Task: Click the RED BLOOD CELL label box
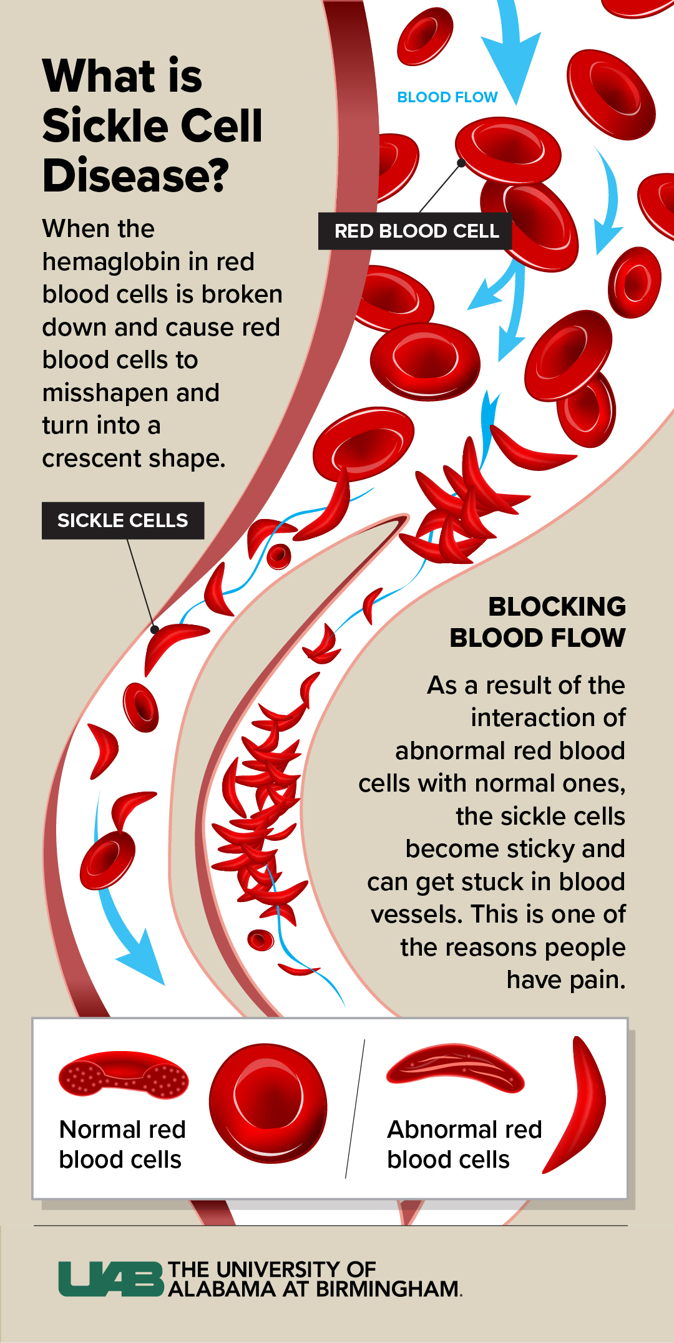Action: (416, 231)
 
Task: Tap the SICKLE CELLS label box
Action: (122, 520)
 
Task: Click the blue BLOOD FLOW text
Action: (447, 97)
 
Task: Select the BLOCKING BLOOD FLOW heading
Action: (537, 622)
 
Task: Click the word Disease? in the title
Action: (135, 175)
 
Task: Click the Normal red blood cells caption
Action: (122, 1144)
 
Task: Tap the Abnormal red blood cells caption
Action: (464, 1144)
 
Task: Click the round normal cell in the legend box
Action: (268, 1103)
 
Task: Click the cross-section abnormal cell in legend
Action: (456, 1067)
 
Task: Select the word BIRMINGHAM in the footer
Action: (388, 1289)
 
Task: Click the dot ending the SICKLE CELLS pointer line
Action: (154, 629)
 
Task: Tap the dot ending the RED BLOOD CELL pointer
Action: (461, 163)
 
